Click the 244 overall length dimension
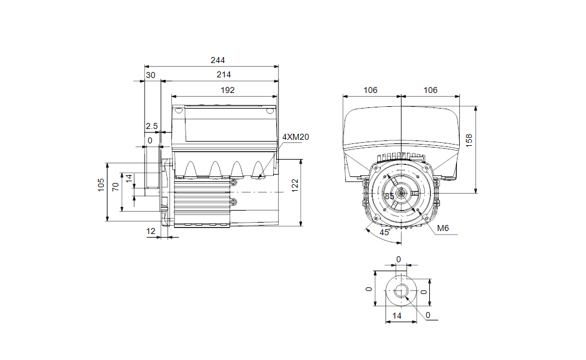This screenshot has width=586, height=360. [x=217, y=60]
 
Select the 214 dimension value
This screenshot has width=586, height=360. [x=223, y=74]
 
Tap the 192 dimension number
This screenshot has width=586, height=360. [x=227, y=91]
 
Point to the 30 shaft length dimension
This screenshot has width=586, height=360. [x=151, y=76]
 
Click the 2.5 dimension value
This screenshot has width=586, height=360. [x=152, y=127]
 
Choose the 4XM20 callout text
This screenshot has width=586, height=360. [x=295, y=137]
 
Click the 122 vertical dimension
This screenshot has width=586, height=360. [x=295, y=185]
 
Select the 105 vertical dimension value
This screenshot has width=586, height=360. [x=101, y=185]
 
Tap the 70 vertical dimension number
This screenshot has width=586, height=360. [x=115, y=187]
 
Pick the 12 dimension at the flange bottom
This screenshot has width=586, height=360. [x=151, y=232]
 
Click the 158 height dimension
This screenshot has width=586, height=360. [x=469, y=140]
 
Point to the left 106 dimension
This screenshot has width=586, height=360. [x=370, y=91]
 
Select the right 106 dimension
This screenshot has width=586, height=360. [x=430, y=91]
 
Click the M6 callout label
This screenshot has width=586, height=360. [x=443, y=228]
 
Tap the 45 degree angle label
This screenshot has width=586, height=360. [x=384, y=232]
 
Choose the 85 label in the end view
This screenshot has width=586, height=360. [x=390, y=196]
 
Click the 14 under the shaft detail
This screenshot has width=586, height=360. [x=396, y=316]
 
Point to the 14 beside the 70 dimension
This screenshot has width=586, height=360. [x=129, y=179]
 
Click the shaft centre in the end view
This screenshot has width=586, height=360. [x=401, y=193]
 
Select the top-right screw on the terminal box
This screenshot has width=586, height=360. [x=270, y=110]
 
